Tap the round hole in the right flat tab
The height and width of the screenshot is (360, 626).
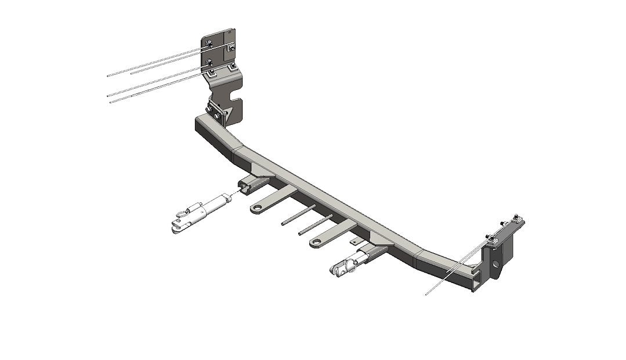317,243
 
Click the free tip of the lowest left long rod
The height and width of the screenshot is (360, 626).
110,103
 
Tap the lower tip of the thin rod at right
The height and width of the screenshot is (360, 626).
426,294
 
